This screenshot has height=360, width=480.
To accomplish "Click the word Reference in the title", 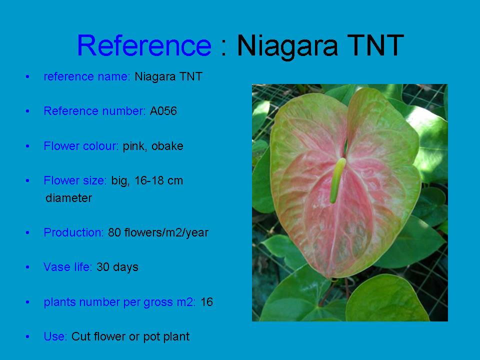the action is pyautogui.click(x=144, y=45).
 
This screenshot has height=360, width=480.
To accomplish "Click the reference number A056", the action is pyautogui.click(x=163, y=111).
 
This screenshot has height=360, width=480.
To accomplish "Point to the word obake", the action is pyautogui.click(x=167, y=145).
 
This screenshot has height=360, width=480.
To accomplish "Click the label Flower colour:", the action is pyautogui.click(x=81, y=145).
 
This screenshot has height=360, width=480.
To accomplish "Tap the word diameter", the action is pyautogui.click(x=68, y=198).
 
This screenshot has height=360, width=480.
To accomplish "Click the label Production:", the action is pyautogui.click(x=74, y=232).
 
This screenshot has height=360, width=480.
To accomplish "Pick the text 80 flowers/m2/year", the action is pyautogui.click(x=158, y=232).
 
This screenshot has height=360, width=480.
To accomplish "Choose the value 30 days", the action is pyautogui.click(x=117, y=267).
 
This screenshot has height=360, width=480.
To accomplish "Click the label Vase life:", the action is pyautogui.click(x=68, y=267).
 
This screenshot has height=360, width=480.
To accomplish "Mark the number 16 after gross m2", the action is pyautogui.click(x=206, y=302).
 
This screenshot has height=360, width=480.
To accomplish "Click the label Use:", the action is pyautogui.click(x=55, y=336).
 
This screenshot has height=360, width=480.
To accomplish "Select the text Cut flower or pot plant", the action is pyautogui.click(x=130, y=336).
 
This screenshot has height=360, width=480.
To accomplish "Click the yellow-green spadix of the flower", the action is pyautogui.click(x=337, y=180).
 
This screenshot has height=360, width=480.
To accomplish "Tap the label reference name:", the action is pyautogui.click(x=87, y=76).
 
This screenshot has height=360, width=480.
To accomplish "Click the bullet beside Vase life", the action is pyautogui.click(x=27, y=267).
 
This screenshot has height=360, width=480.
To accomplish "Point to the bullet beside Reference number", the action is pyautogui.click(x=27, y=111).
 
